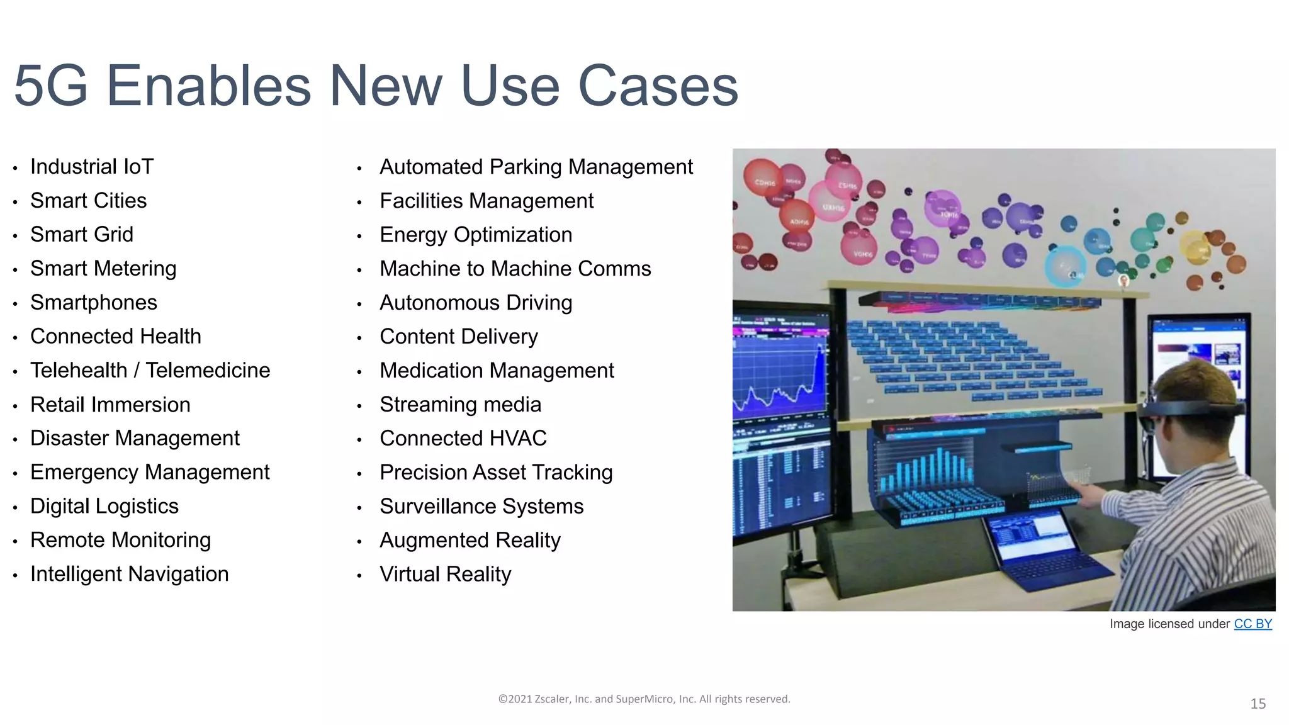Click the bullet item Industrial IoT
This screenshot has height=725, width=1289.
(92, 167)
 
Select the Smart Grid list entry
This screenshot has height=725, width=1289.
(82, 235)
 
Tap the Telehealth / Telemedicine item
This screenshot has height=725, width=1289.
(150, 371)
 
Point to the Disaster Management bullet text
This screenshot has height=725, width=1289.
(135, 439)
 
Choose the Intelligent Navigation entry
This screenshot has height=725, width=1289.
(129, 574)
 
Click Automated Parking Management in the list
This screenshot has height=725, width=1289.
(536, 167)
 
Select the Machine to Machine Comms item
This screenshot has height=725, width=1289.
(515, 269)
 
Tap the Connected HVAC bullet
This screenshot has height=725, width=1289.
(463, 439)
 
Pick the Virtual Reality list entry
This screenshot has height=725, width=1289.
(445, 575)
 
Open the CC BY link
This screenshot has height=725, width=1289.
(1252, 624)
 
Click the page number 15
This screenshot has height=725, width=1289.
(1258, 704)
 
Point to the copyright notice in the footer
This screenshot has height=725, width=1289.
(644, 699)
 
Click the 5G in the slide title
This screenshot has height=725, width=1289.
(50, 86)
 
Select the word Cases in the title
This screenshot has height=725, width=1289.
(658, 86)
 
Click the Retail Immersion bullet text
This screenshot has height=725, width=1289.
(110, 405)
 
